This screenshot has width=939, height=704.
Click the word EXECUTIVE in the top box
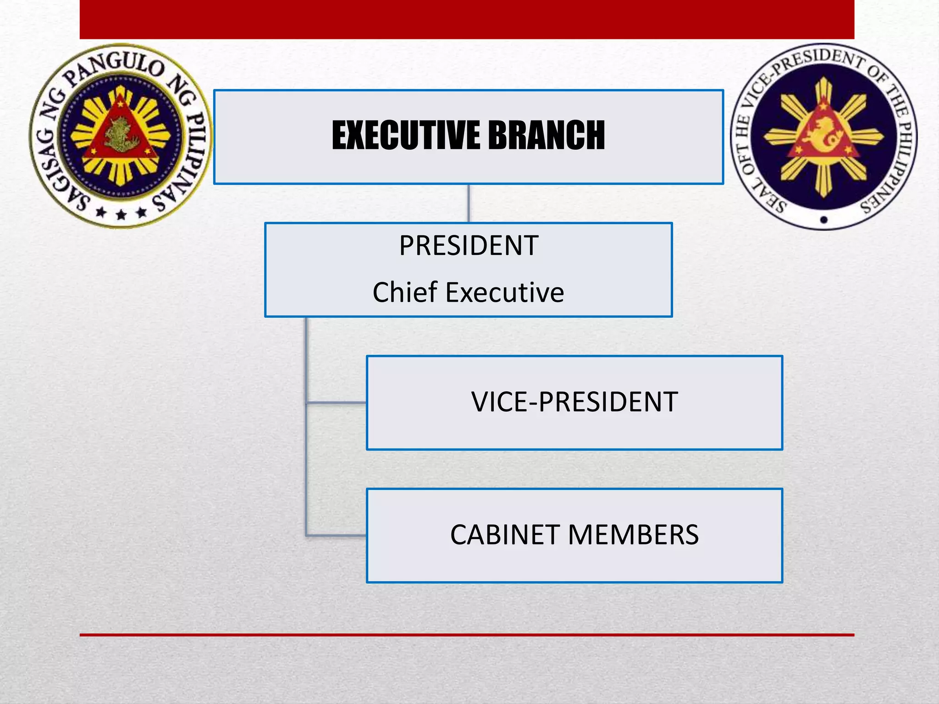[x=406, y=135]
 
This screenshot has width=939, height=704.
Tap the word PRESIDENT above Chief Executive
[x=469, y=246]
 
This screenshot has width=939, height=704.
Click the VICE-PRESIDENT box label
[x=574, y=402]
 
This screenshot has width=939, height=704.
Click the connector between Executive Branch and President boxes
[x=469, y=203]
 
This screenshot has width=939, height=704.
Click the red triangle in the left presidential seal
[x=120, y=133]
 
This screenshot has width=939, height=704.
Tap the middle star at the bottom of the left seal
[x=121, y=214]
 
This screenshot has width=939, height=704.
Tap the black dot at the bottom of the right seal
[x=824, y=220]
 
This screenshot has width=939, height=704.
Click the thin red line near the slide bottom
[x=467, y=635]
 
